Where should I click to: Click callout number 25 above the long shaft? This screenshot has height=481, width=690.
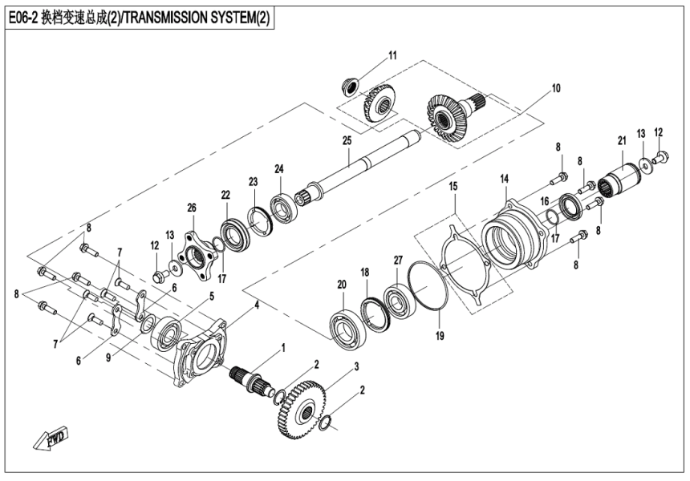coord(347,140)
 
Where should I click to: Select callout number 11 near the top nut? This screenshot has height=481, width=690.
coord(392,55)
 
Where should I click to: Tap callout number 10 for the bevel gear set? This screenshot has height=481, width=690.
coord(555,87)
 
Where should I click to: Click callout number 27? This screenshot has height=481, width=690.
coord(397,260)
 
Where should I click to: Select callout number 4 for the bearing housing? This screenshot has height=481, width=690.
coord(256,305)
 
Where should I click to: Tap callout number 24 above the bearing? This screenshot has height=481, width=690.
coord(279,169)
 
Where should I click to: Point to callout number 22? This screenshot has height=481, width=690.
coord(225,195)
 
